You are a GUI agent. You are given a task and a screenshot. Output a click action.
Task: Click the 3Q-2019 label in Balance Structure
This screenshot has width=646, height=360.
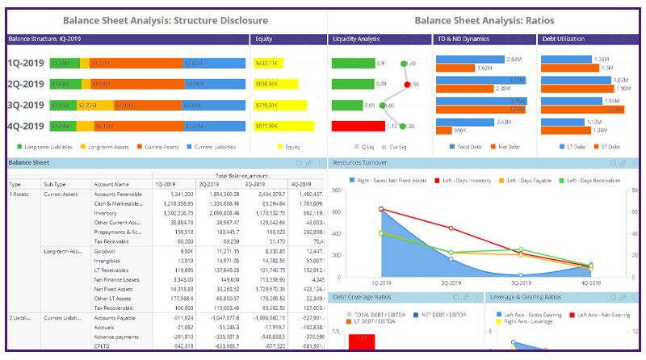[x=25, y=105]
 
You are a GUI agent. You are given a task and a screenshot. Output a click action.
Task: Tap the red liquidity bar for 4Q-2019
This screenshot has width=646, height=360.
[x=358, y=126]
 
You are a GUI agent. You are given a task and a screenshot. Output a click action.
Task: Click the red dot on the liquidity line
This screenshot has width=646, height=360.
[x=408, y=84]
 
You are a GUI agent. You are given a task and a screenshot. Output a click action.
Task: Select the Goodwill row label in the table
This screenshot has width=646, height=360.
[x=106, y=251]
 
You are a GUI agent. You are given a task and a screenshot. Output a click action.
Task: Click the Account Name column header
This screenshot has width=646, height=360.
[x=111, y=184]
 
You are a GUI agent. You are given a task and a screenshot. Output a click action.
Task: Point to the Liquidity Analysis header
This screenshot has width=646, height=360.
[x=356, y=39]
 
